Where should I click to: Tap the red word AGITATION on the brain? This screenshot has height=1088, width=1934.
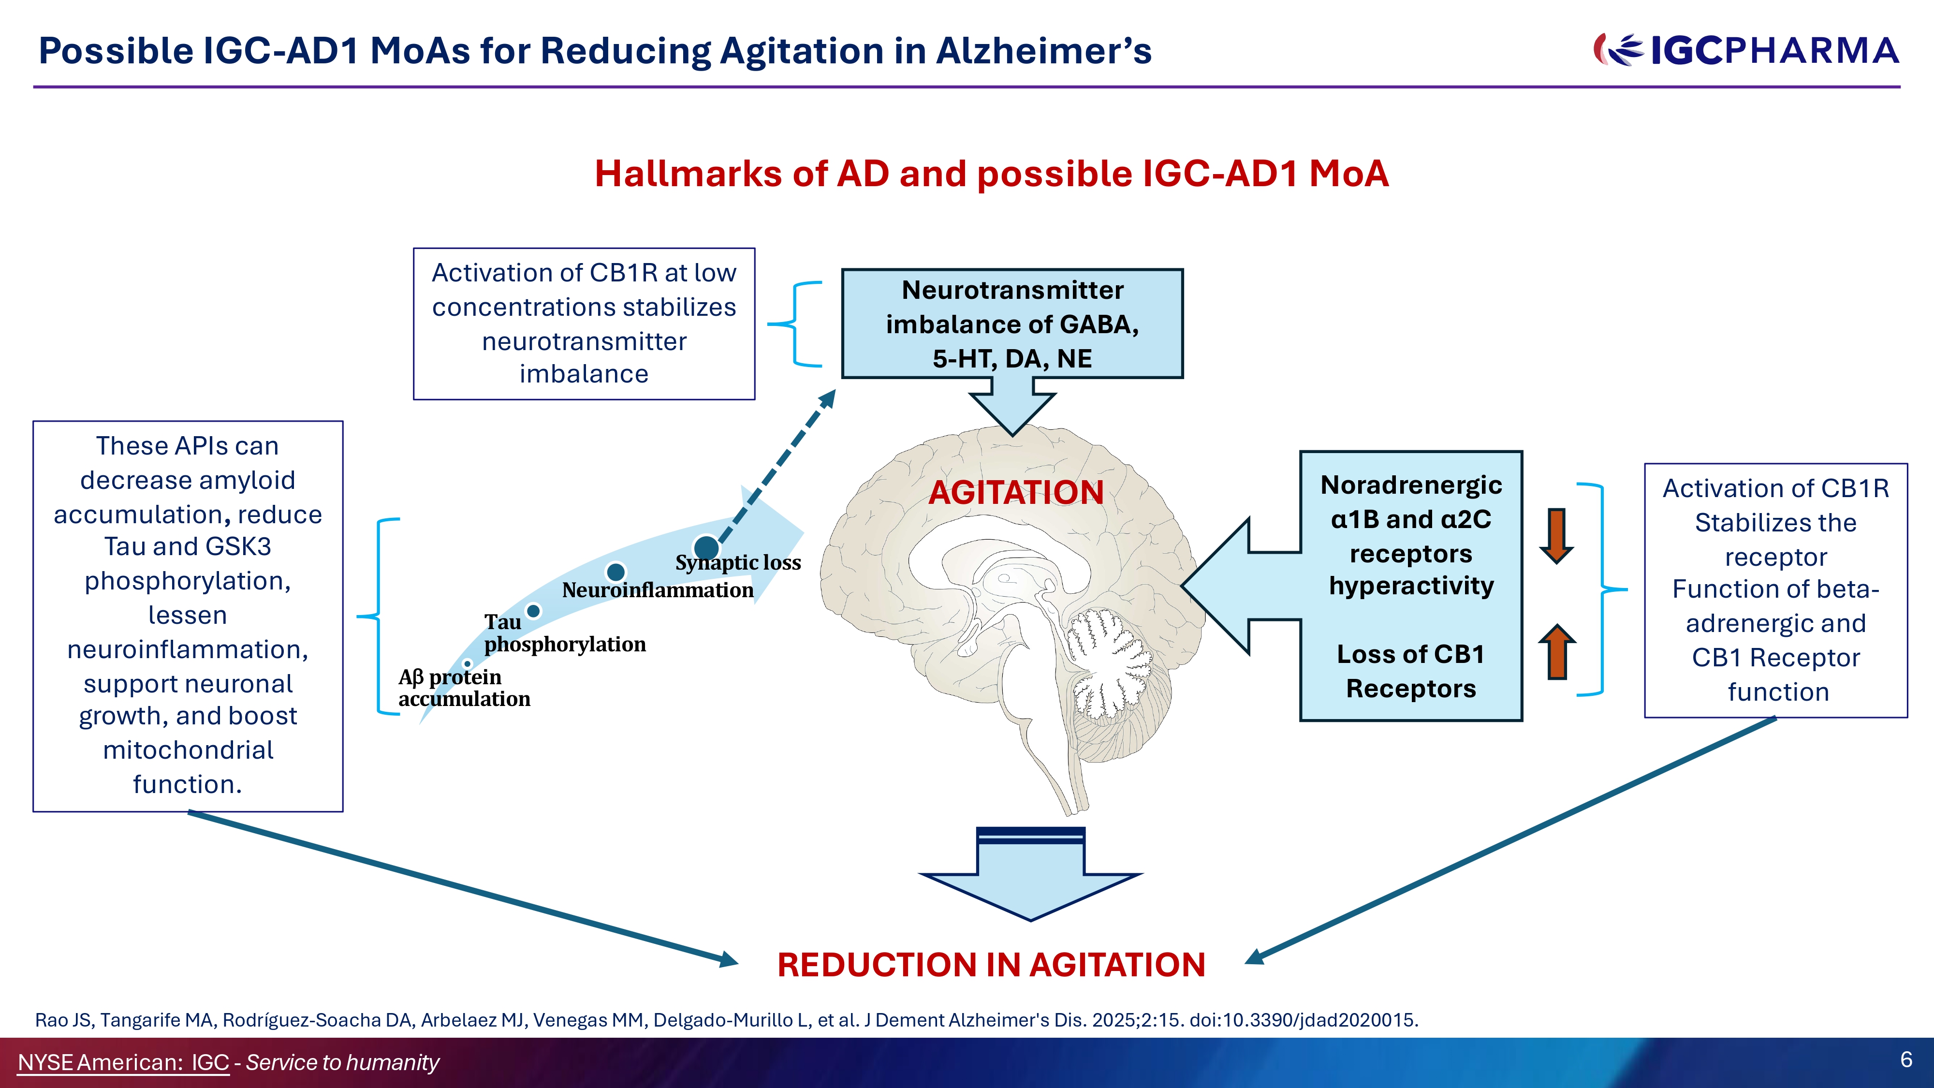1016,493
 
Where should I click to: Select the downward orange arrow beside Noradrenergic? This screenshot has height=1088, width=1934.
1556,535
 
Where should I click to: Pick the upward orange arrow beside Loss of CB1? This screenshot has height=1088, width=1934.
1557,652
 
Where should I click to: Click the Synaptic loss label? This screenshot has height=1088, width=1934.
738,562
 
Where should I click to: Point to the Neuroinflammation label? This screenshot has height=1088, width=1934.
658,590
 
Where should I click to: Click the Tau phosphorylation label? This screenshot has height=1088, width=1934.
565,633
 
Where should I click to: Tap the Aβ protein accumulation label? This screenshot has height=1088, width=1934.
464,688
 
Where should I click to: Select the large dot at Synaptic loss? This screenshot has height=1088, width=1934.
706,548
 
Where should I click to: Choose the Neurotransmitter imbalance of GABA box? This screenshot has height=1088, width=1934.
1012,323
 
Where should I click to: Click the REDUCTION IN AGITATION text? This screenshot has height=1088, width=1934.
991,965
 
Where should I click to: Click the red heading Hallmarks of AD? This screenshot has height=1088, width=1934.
991,174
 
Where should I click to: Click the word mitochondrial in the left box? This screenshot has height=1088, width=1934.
188,750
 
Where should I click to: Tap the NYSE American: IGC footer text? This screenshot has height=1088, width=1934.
123,1062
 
